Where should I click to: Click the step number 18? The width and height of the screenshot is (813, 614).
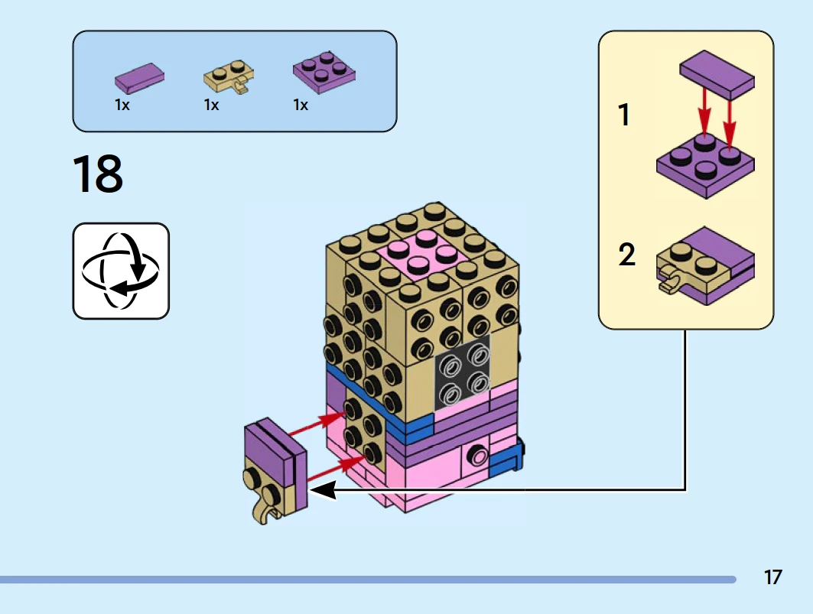click(97, 174)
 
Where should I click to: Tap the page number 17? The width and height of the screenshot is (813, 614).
click(773, 577)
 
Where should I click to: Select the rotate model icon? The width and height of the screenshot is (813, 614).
click(121, 271)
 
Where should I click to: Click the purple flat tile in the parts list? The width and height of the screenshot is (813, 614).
click(139, 77)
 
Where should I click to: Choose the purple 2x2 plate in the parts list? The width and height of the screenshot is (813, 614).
click(324, 73)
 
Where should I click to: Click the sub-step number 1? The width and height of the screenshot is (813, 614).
click(625, 115)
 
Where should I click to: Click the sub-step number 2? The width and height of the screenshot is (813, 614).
click(626, 255)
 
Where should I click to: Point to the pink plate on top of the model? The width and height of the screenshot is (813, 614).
click(419, 253)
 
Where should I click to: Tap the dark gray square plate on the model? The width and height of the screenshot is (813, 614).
click(463, 372)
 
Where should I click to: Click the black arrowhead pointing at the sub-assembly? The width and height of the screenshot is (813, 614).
click(322, 490)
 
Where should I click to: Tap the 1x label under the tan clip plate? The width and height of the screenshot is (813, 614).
click(212, 106)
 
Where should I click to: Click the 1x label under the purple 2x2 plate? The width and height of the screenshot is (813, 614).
click(301, 106)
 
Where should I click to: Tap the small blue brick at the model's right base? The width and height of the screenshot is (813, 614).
click(506, 460)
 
